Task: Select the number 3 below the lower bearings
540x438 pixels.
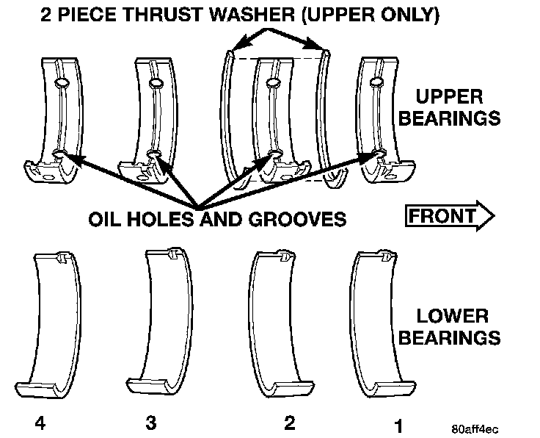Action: click(x=150, y=423)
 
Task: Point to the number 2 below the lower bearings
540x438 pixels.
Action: click(x=290, y=423)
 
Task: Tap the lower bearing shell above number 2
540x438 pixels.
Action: click(x=276, y=323)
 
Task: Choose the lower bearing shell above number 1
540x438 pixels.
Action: click(x=379, y=323)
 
